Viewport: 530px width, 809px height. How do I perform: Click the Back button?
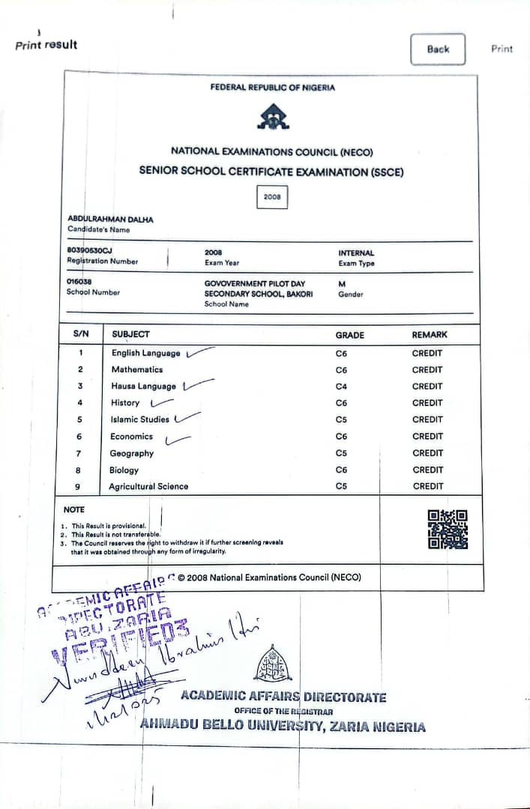[x=438, y=49]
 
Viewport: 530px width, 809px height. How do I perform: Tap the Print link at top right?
[x=502, y=49]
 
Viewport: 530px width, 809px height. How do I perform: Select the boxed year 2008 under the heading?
[x=271, y=197]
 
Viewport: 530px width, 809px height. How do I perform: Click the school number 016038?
[x=79, y=282]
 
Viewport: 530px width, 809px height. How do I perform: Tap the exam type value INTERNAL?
[x=356, y=253]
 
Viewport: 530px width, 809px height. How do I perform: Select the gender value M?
[x=342, y=284]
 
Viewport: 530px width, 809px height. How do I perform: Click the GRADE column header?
[x=350, y=335]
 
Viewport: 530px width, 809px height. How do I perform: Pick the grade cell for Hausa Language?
[x=342, y=387]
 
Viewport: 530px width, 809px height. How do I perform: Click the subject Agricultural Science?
[x=148, y=487]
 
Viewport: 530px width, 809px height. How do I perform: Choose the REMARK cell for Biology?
[x=427, y=470]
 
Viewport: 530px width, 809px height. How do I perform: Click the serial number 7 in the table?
[x=79, y=453]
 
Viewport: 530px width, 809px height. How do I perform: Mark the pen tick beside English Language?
[x=199, y=351]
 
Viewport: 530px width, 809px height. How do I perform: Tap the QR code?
[x=448, y=529]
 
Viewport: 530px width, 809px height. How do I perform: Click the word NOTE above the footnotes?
[x=74, y=509]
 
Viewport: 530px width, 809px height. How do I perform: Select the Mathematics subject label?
[x=137, y=369]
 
